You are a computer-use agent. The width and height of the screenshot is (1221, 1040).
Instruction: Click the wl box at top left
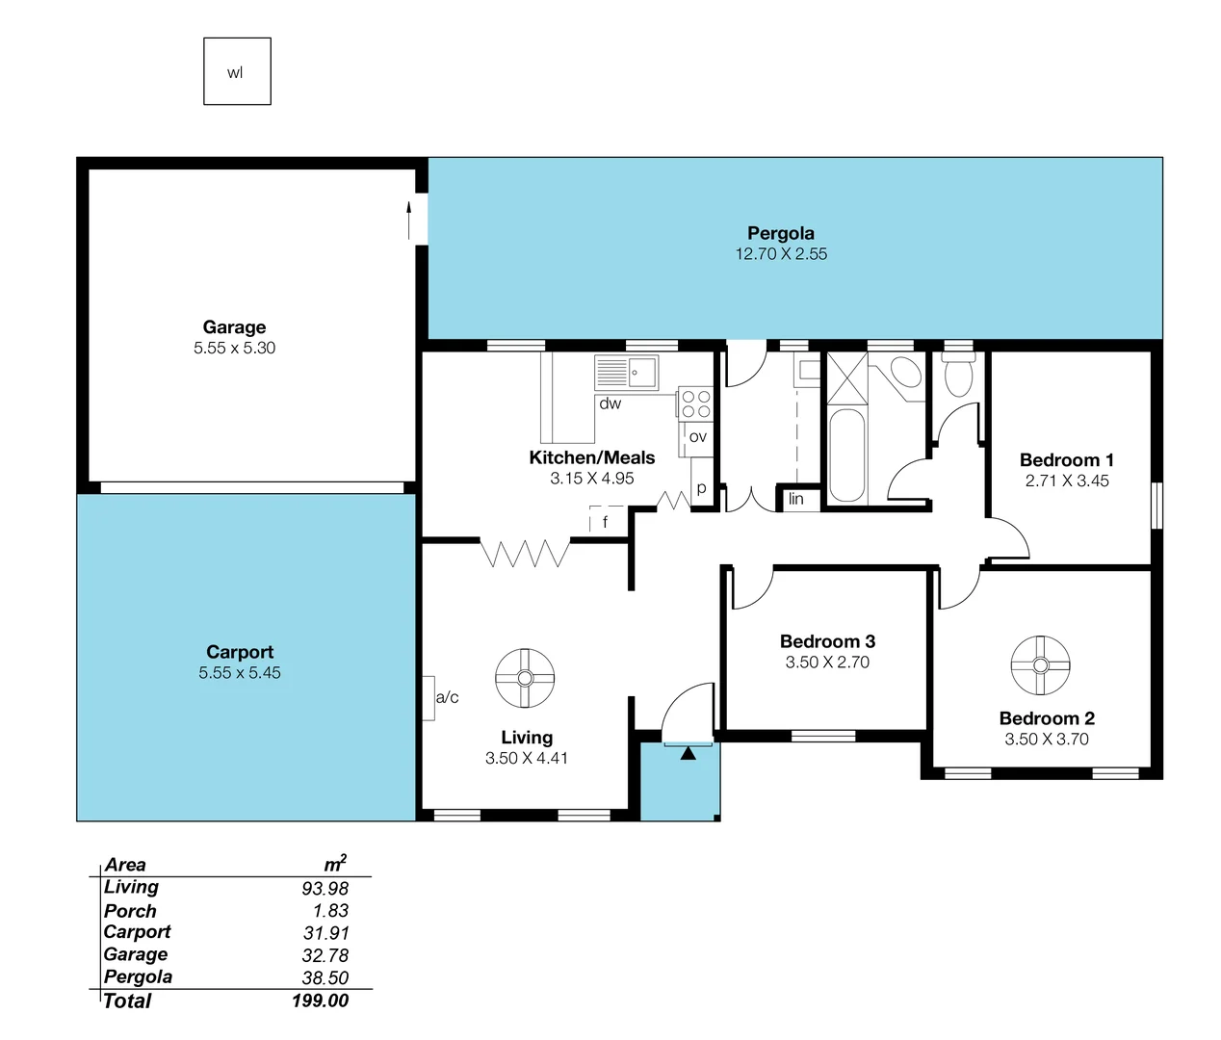pyautogui.click(x=237, y=72)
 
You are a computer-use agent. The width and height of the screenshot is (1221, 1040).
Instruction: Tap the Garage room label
pyautogui.click(x=234, y=327)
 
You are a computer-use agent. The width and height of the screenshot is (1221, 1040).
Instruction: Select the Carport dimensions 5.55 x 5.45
pyautogui.click(x=240, y=673)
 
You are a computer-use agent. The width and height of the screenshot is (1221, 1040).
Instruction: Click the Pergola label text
pyautogui.click(x=781, y=233)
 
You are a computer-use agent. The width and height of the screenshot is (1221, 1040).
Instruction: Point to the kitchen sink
pyautogui.click(x=626, y=372)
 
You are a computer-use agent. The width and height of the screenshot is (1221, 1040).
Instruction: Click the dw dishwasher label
pyautogui.click(x=610, y=403)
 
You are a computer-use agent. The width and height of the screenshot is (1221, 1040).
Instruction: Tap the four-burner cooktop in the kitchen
pyautogui.click(x=695, y=403)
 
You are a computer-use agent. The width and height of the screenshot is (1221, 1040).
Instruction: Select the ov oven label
pyautogui.click(x=698, y=436)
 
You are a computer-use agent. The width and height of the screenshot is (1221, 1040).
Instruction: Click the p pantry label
pyautogui.click(x=701, y=488)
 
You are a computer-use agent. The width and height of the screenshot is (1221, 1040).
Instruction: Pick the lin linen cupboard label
pyautogui.click(x=795, y=499)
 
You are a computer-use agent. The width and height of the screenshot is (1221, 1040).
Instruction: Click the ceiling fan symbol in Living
pyautogui.click(x=525, y=677)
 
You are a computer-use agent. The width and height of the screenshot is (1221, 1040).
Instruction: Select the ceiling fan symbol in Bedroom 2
pyautogui.click(x=1040, y=665)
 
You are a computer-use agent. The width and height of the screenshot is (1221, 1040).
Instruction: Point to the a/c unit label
pyautogui.click(x=447, y=697)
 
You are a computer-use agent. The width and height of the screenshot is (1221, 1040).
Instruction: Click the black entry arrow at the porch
pyautogui.click(x=688, y=753)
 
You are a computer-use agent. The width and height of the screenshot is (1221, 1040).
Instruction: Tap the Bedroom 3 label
pyautogui.click(x=827, y=641)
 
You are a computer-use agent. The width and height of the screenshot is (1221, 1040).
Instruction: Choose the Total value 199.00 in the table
pyautogui.click(x=320, y=1001)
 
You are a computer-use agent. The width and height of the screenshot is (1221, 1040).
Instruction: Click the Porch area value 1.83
pyautogui.click(x=330, y=910)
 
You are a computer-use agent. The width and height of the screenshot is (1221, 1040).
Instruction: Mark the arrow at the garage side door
pyautogui.click(x=409, y=221)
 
